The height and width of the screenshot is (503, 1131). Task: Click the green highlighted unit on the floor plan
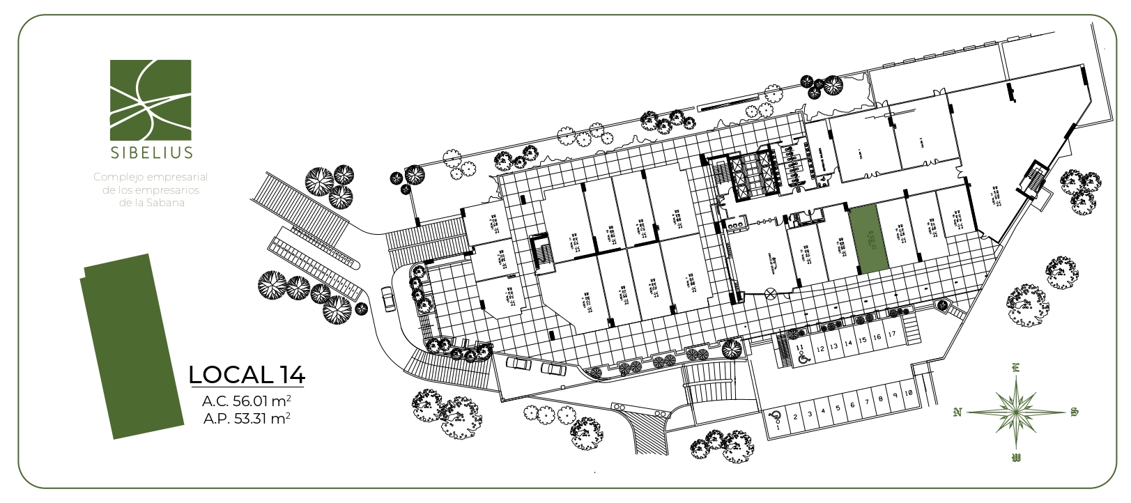[x=869, y=240]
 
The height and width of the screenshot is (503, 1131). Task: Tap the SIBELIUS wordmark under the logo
[x=151, y=152]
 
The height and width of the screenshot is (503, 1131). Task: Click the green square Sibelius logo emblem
[x=151, y=99]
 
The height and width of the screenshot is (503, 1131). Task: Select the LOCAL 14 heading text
[x=247, y=375]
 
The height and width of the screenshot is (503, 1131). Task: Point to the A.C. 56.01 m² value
[x=247, y=401]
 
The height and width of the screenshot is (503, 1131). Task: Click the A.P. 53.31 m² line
[x=247, y=419]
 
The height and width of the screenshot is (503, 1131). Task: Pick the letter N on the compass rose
[x=957, y=412]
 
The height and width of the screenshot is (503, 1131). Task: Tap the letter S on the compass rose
[x=1074, y=412]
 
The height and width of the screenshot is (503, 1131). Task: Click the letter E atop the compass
[x=1016, y=368]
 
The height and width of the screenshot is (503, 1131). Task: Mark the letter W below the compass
[x=1016, y=458]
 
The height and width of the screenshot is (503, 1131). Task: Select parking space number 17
[x=892, y=335]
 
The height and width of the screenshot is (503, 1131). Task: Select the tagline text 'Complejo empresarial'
[x=151, y=178]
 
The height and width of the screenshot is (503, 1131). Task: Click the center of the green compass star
[x=1016, y=412]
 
